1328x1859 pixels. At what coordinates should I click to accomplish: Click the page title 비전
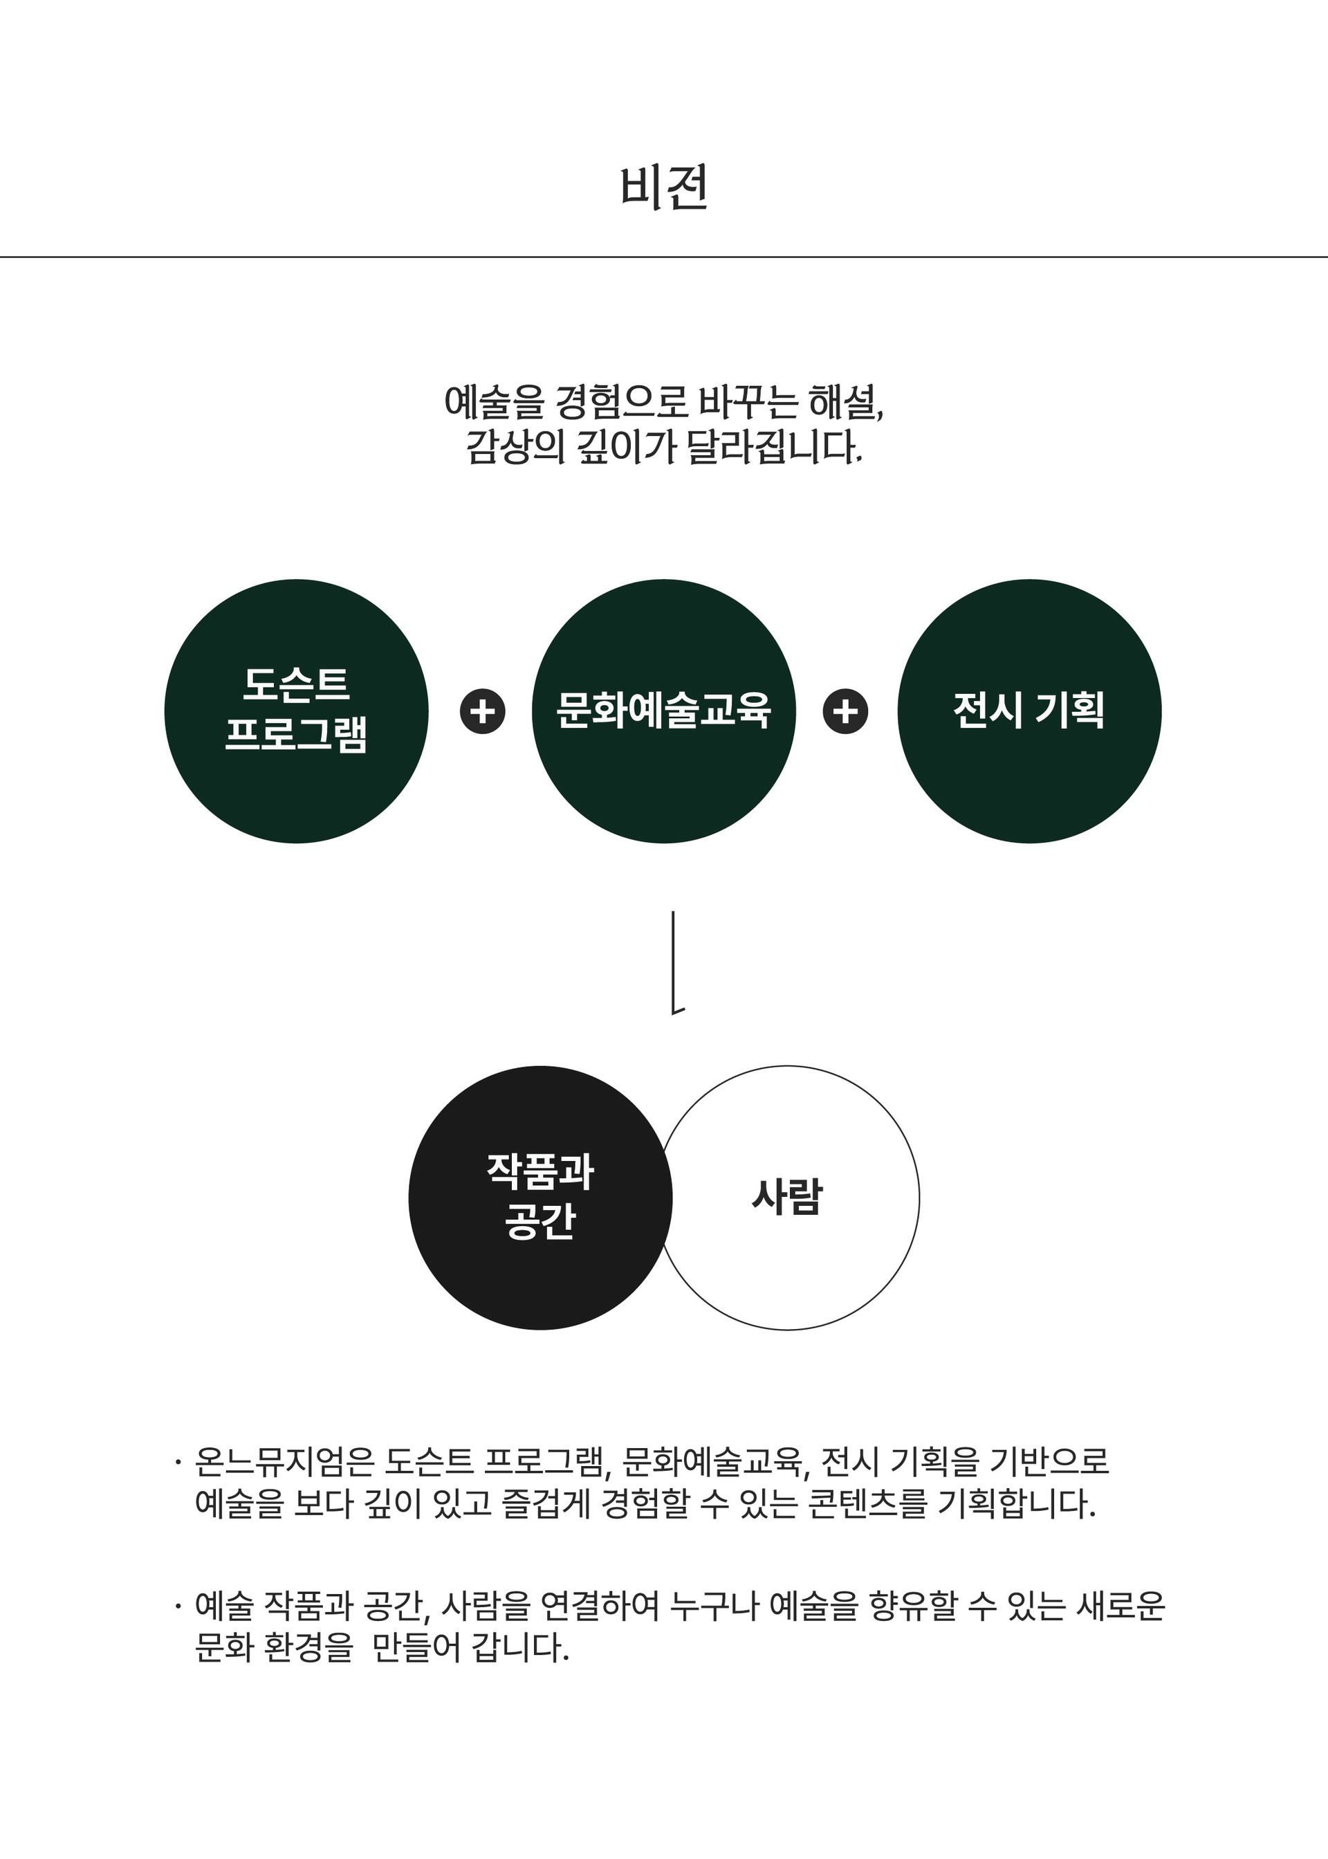point(663,188)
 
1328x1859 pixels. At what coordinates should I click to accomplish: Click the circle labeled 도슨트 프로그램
point(296,711)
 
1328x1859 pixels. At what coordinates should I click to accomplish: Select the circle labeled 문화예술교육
point(663,711)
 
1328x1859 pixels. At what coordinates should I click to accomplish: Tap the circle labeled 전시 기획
point(1029,711)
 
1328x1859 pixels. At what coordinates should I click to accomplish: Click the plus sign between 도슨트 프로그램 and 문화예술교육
point(483,711)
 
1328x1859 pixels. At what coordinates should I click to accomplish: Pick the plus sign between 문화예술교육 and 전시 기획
point(845,711)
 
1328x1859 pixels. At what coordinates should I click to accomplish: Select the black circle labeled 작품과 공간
point(539,1198)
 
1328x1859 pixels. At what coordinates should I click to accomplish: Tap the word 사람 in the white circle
point(786,1198)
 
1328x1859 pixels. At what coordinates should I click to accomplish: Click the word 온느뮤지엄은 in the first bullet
point(284,1461)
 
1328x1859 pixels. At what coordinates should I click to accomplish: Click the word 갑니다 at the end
point(520,1647)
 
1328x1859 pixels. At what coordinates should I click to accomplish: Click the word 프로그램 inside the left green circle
point(296,733)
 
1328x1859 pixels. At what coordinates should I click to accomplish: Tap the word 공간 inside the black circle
point(539,1222)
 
